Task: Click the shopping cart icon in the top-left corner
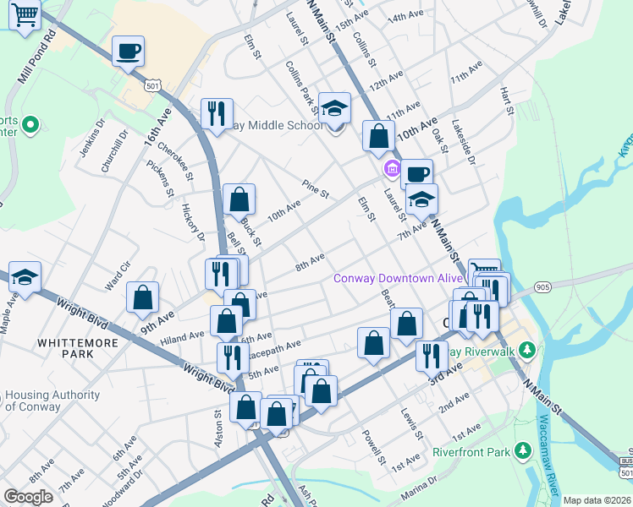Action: [x=26, y=15]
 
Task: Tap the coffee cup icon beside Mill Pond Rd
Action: [x=128, y=52]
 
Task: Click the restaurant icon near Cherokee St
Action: [x=217, y=113]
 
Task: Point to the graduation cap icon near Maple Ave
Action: [x=25, y=277]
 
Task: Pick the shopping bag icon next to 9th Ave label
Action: [x=143, y=297]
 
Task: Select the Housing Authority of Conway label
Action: [x=52, y=401]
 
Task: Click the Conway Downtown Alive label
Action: [x=398, y=278]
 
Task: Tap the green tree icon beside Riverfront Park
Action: [x=523, y=452]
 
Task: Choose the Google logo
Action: [x=29, y=497]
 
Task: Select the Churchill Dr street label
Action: [x=115, y=152]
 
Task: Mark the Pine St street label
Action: [x=315, y=189]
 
